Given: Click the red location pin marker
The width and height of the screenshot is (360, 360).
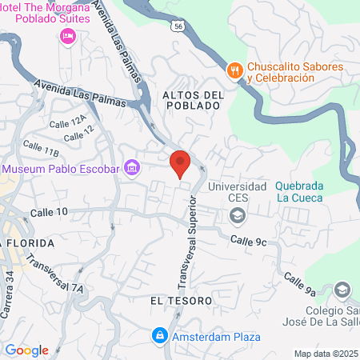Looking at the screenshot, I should tap(180, 163).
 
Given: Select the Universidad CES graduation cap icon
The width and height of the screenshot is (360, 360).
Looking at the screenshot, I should tap(237, 214).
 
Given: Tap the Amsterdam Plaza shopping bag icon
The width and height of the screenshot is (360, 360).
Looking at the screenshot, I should tap(160, 334).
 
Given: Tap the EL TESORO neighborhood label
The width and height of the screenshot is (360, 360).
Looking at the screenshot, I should tap(179, 300).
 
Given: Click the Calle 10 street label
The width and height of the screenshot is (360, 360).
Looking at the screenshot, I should tap(50, 212).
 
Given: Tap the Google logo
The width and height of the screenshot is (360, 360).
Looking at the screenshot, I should tap(26, 350).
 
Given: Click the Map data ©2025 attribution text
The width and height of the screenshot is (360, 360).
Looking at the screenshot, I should tap(326, 353).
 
